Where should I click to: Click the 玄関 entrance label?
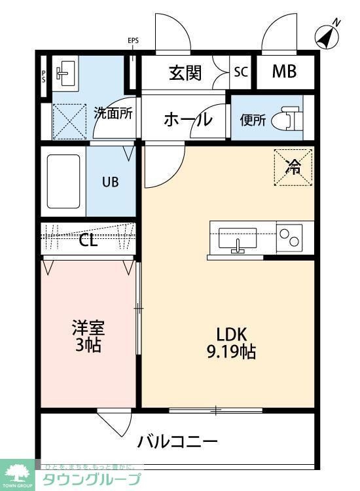coord(185,73)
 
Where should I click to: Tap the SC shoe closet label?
coord(241,73)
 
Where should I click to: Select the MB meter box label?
coord(284,72)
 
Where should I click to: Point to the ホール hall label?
coord(187,120)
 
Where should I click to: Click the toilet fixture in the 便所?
coord(289,118)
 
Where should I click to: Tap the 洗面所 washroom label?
coord(113,113)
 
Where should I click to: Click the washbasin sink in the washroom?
coord(65,71)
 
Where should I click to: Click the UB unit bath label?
coord(110,182)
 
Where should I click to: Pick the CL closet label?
coord(88,240)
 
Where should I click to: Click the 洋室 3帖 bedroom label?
coord(88,335)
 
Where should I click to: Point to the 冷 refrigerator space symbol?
coord(293,168)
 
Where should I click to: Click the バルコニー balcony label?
coord(177,441)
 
